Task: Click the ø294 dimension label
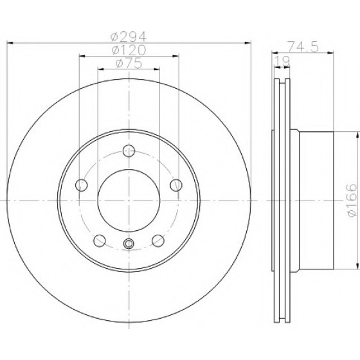pos(129,36)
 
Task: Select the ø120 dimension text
pos(129,50)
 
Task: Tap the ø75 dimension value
pos(129,64)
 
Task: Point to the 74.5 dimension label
pos(303,47)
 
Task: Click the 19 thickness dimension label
pos(282,61)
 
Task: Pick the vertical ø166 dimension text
pos(352,200)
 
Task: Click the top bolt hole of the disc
pos(129,151)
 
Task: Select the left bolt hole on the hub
pos(82,185)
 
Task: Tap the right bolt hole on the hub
pos(176,185)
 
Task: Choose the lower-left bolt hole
pos(100,241)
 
